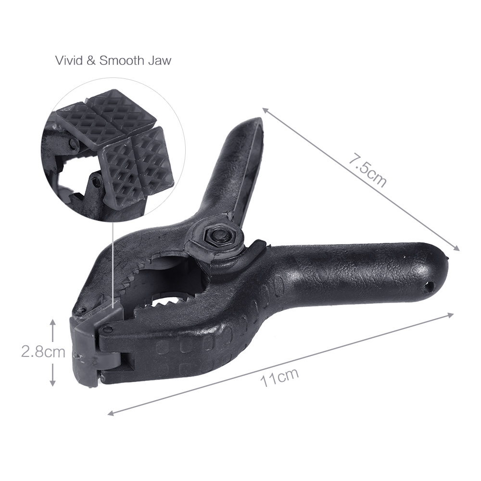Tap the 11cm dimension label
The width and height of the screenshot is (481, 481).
279,378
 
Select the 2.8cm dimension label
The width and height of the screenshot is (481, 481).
43,352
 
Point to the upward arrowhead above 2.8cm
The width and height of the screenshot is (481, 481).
53,322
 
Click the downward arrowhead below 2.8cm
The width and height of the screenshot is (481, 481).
53,382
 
